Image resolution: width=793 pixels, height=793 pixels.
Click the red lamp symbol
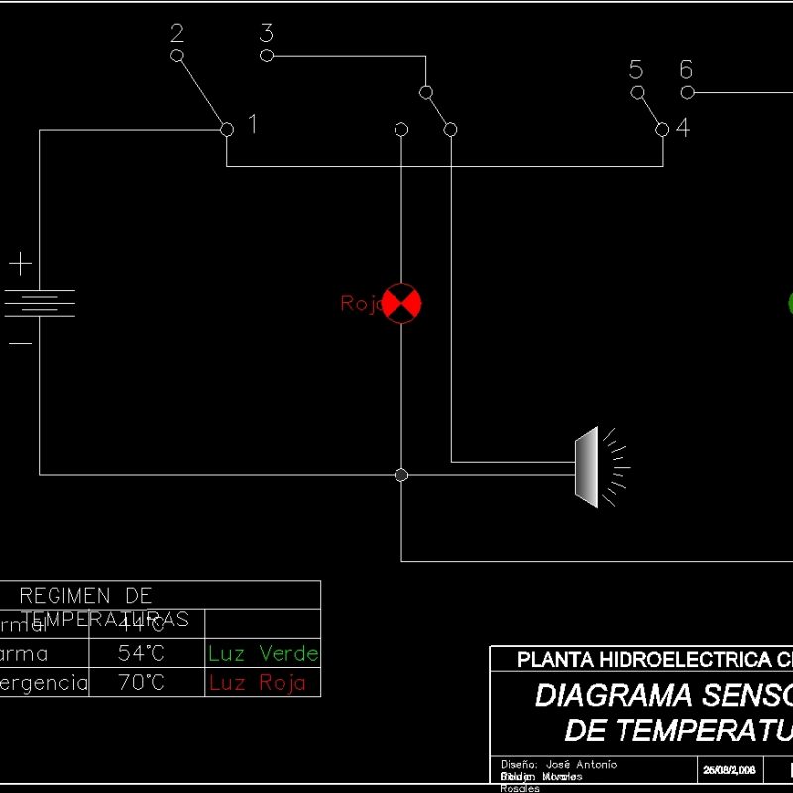[x=401, y=303]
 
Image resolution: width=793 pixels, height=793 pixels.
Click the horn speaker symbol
[x=589, y=467]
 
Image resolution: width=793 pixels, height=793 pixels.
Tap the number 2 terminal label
[x=177, y=33]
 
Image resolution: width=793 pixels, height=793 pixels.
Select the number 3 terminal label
[x=266, y=33]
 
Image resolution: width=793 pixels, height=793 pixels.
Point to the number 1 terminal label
[x=252, y=124]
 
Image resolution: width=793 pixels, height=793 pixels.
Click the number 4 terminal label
[x=683, y=127]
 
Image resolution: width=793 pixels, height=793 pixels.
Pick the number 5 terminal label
[x=636, y=70]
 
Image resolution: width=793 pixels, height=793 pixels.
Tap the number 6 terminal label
[x=686, y=70]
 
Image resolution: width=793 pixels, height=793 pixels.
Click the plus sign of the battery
[x=21, y=264]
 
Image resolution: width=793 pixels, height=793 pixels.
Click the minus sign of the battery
[x=21, y=343]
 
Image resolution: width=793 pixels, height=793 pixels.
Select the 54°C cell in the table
[x=141, y=654]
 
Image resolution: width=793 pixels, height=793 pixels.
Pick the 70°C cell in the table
[x=141, y=683]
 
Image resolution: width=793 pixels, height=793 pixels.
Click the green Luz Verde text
[x=263, y=653]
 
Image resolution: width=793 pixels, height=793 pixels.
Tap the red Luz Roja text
[x=258, y=683]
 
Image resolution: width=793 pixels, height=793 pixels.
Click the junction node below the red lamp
[x=401, y=475]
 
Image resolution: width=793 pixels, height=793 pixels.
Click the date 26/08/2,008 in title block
[x=730, y=769]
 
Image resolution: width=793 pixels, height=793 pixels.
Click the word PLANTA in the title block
[x=554, y=660]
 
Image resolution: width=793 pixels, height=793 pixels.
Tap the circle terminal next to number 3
[x=266, y=56]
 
